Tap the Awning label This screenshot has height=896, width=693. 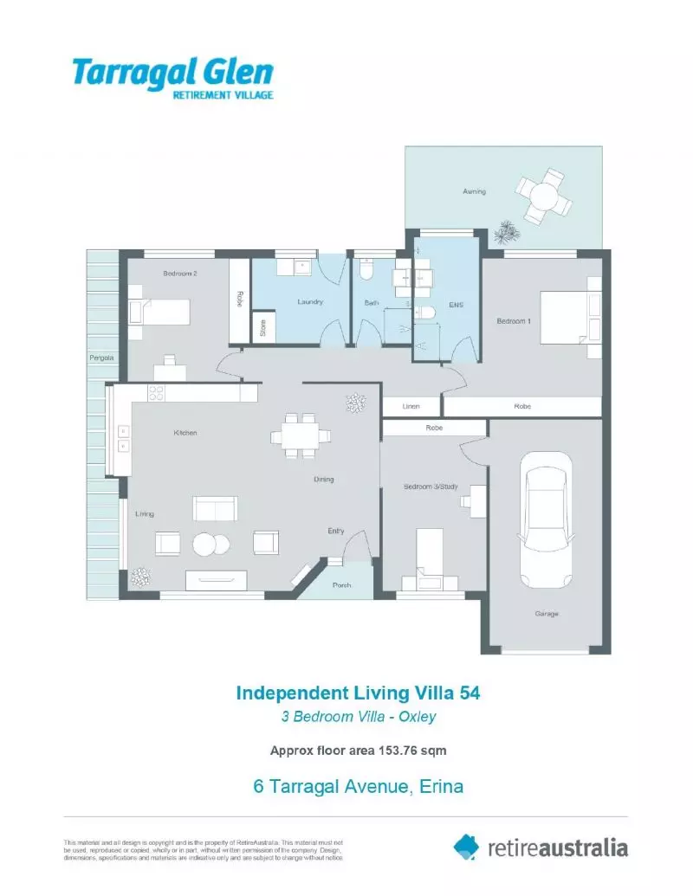474,191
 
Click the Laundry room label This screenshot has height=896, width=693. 310,302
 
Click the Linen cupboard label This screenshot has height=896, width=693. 412,406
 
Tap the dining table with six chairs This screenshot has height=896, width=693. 301,435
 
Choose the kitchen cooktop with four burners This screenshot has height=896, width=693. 157,393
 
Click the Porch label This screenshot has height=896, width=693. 342,586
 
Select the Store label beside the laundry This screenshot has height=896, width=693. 262,329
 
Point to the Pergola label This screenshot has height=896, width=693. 101,357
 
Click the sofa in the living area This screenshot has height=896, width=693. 215,509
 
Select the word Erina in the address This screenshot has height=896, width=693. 441,787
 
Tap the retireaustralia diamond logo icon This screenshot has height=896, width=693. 466,847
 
